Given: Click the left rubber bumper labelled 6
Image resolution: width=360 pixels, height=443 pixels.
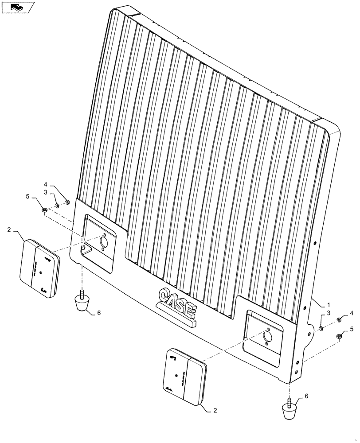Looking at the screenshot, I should (x=82, y=303).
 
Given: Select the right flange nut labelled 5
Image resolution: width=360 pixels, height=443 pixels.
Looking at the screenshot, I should (x=340, y=335).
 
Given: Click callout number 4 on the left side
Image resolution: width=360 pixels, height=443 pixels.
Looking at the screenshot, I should (x=46, y=184).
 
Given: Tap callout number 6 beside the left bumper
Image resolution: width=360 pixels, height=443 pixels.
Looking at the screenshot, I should (x=99, y=313).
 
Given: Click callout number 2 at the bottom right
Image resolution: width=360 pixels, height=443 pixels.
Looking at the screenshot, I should (x=215, y=410).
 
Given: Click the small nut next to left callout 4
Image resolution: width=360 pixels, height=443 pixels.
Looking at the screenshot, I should (x=67, y=202).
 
